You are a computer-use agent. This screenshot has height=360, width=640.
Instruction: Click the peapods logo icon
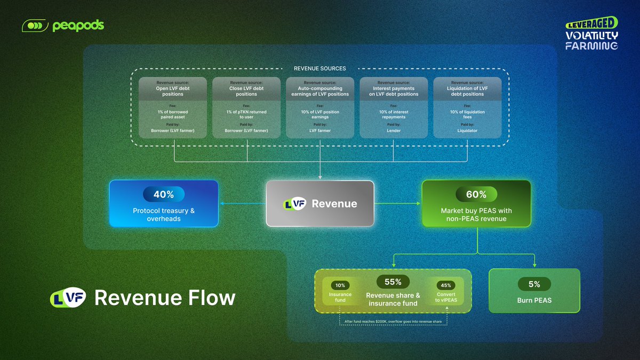point(35,26)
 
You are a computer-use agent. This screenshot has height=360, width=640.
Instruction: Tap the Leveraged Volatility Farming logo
point(591,34)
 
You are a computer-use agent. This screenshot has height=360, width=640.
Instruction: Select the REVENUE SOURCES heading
point(319,68)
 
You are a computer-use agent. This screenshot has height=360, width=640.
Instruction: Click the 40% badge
point(164,195)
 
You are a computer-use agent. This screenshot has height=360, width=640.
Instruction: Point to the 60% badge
point(476,195)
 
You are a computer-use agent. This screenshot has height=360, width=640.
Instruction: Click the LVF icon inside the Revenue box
point(294,204)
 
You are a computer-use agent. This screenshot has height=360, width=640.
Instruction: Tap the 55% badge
point(393,282)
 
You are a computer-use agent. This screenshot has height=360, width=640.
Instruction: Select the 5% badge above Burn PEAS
point(534,284)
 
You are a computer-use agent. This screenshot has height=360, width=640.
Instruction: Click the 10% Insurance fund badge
point(340,285)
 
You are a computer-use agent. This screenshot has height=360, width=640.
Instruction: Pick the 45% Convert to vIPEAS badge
point(446,285)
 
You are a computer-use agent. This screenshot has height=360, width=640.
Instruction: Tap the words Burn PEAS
point(534,300)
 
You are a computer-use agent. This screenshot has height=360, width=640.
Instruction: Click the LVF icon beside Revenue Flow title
point(67,298)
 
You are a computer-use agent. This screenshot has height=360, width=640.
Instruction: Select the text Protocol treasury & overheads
point(164,214)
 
